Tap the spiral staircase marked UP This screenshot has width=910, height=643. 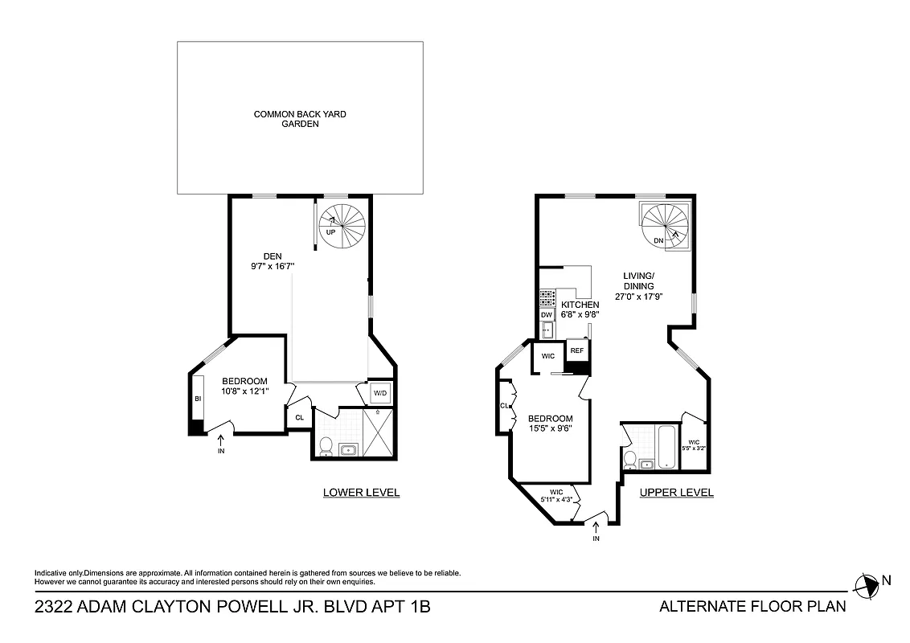[x=341, y=225]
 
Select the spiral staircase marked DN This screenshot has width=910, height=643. [x=664, y=225]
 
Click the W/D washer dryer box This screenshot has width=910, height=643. [x=380, y=393]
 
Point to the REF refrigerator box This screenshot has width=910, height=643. [x=576, y=351]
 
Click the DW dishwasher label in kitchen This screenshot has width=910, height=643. [x=547, y=314]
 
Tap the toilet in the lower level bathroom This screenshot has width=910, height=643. [x=326, y=447]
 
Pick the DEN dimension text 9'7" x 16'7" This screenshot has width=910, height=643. [x=274, y=265]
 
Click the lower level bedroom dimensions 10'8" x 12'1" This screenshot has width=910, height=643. [x=244, y=391]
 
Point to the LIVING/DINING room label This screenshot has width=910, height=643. [x=639, y=281]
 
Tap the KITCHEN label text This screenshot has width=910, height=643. [x=580, y=305]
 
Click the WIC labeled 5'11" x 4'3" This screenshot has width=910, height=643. [x=555, y=496]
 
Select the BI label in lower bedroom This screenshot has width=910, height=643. [x=197, y=399]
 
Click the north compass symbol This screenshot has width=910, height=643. [x=867, y=586]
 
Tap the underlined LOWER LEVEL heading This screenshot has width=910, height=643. [x=361, y=493]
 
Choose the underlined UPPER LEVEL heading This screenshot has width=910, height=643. [x=676, y=493]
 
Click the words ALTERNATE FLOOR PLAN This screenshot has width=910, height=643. [x=752, y=607]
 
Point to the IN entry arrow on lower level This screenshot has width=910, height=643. [x=222, y=442]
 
